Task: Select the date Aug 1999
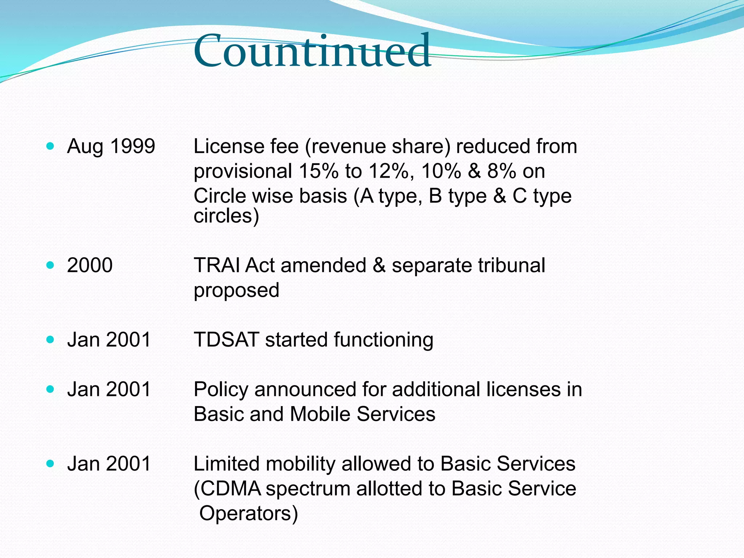[x=111, y=146]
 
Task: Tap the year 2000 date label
[x=90, y=265]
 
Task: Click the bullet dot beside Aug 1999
[x=50, y=146]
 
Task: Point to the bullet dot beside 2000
[x=50, y=265]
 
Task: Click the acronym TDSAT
[x=226, y=340]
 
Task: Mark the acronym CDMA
[x=230, y=489]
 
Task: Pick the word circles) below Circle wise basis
[x=226, y=216]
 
